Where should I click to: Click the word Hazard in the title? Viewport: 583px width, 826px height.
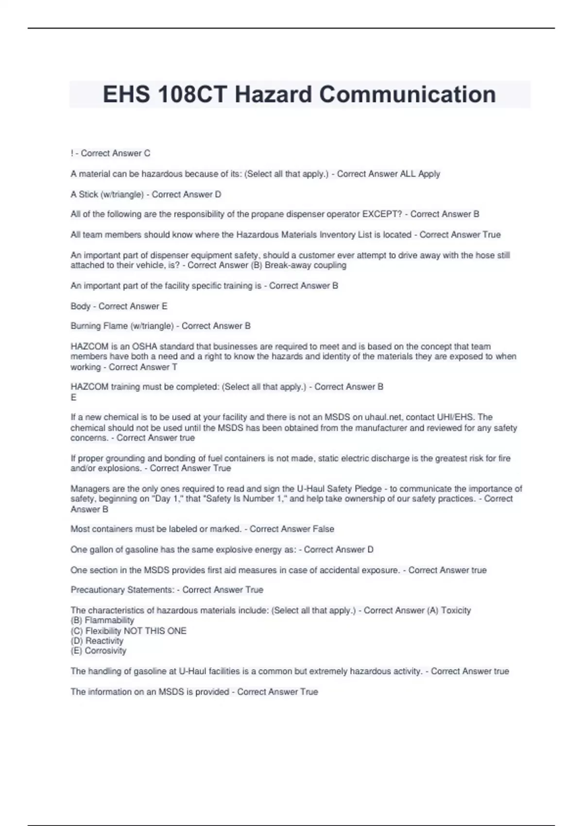click(x=273, y=94)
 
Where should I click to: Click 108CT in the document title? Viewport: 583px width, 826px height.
click(x=192, y=94)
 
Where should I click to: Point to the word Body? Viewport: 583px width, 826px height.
click(x=80, y=306)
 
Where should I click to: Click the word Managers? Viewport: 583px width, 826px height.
click(x=89, y=489)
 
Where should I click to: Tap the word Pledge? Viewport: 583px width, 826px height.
click(x=368, y=489)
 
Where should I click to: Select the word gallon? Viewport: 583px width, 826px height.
click(x=105, y=550)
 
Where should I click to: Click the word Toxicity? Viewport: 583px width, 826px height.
click(x=456, y=610)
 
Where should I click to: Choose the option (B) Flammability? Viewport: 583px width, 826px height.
click(x=103, y=620)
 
